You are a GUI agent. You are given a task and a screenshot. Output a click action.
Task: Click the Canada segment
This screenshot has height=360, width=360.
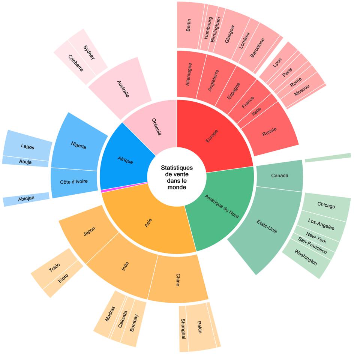tap(280, 175)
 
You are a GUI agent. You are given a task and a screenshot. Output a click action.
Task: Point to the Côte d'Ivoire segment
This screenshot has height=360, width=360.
tap(74, 182)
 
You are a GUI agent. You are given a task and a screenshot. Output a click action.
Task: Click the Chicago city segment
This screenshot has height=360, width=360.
tap(326, 205)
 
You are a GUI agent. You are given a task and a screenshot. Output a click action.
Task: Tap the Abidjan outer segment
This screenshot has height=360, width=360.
tap(26, 199)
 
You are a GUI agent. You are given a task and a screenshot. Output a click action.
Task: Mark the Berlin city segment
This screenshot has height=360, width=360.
tap(189, 25)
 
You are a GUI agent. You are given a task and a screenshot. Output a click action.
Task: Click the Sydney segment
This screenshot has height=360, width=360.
tap(88, 52)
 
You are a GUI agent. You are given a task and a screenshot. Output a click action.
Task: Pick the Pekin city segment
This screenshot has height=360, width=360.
tap(199, 327)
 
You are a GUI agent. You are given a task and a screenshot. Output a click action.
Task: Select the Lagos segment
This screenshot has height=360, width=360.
tap(27, 146)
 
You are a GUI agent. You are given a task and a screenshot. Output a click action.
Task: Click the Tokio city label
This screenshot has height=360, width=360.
tap(54, 268)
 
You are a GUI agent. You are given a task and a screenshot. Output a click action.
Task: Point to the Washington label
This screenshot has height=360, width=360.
tap(306, 257)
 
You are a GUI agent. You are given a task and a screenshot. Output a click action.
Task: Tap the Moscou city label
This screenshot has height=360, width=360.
tap(302, 90)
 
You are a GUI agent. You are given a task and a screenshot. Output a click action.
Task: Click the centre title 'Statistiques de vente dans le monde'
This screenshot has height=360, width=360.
tap(177, 177)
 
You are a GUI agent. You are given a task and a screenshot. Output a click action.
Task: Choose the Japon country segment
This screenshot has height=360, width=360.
tap(89, 232)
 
